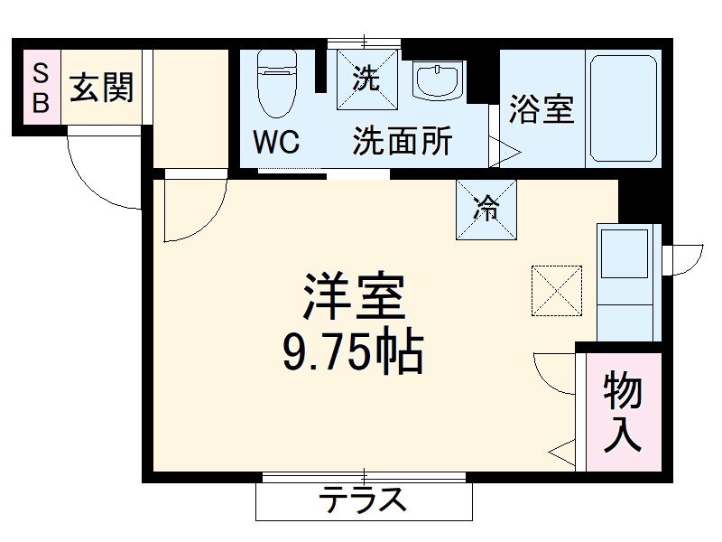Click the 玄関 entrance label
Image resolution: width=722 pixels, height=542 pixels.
tap(102, 88)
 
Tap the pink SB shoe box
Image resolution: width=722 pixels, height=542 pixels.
tap(42, 87)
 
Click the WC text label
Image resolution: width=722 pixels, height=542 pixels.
tap(275, 142)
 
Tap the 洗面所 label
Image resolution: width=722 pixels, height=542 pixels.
tap(402, 142)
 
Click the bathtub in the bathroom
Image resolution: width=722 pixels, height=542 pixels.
tap(623, 108)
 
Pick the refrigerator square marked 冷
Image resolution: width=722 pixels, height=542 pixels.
tap(486, 210)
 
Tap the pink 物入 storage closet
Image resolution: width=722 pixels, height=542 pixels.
tap(623, 412)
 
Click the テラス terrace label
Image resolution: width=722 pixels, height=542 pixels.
tap(365, 500)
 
